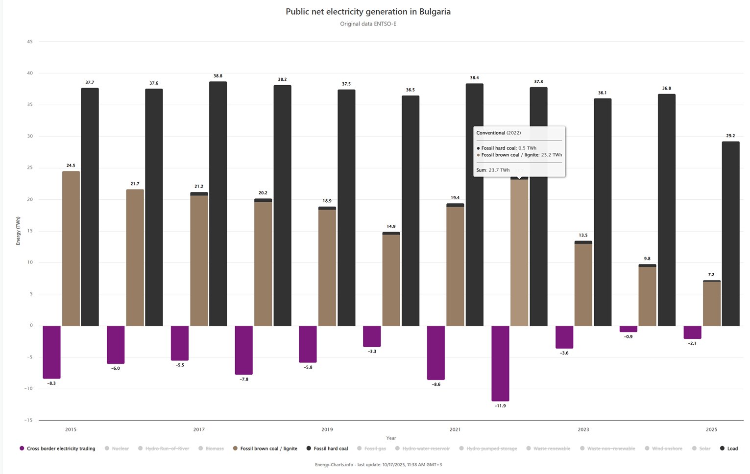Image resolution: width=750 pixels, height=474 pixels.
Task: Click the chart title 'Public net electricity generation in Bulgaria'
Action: point(368,12)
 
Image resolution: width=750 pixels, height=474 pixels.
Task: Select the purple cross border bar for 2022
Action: point(500,363)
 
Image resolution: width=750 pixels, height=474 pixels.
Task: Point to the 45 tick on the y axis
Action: point(30,42)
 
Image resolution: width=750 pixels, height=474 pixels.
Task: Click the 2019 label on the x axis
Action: point(327,429)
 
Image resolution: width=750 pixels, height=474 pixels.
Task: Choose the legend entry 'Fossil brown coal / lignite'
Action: point(268,449)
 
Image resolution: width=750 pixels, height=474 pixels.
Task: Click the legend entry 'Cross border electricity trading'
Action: point(61,449)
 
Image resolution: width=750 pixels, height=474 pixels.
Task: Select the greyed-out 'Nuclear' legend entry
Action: point(120,449)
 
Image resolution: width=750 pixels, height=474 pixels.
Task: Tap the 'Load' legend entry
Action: point(732,449)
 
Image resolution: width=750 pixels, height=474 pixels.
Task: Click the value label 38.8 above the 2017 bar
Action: point(218,76)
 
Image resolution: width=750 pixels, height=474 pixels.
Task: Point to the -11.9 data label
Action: point(500,406)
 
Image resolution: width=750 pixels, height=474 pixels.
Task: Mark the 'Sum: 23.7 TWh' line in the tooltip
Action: point(493,170)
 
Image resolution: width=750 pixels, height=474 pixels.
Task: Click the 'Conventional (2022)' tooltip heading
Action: point(499,133)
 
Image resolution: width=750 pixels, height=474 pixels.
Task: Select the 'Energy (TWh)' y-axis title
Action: point(18,231)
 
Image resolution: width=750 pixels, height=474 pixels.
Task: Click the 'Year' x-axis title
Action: point(391,438)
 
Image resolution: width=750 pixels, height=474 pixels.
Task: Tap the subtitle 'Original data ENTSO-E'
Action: point(368,24)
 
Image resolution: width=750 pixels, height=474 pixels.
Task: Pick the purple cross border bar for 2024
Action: point(629,329)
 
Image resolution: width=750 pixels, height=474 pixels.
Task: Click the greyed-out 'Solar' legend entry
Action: point(704,449)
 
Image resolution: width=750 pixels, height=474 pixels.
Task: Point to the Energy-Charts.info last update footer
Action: point(378,465)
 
